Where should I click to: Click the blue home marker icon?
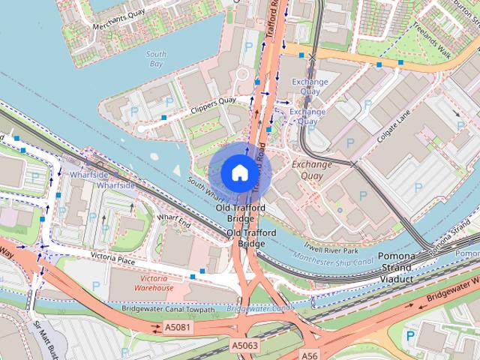[x=239, y=172]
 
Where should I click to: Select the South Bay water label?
[x=155, y=59]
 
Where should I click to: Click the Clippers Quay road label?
[x=213, y=105]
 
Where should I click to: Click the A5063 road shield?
[x=244, y=345]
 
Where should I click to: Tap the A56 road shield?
[x=310, y=354]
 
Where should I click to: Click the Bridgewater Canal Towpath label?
[x=168, y=309]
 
